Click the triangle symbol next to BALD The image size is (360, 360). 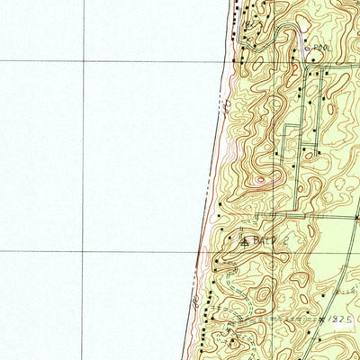click(x=243, y=241)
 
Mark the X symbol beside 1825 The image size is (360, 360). click(x=322, y=319)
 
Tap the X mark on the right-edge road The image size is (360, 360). click(x=357, y=218)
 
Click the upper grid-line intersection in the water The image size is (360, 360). click(x=84, y=61)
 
